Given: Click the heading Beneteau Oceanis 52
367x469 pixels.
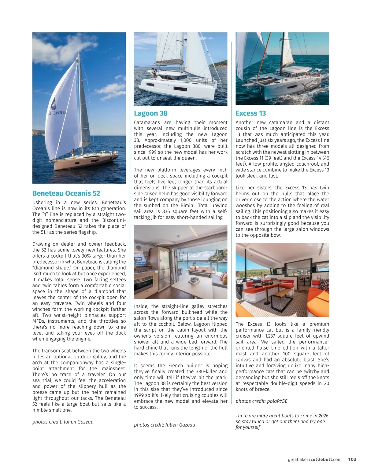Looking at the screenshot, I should [66, 193].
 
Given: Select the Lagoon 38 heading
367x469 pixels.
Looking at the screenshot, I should [151, 113].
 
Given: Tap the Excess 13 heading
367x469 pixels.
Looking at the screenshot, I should [250, 113].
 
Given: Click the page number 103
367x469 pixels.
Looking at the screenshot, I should [352, 459].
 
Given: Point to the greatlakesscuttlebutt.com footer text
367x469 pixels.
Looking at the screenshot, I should [314, 459].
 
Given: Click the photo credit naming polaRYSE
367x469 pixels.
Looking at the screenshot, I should [261, 401].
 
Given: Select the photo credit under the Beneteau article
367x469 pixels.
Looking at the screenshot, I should [63, 422].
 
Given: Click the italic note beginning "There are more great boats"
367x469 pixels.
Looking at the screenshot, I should [282, 421].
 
